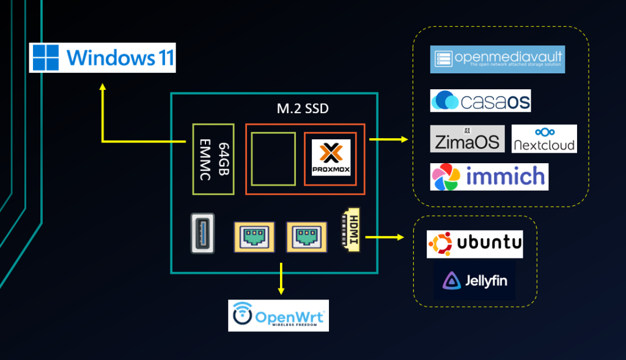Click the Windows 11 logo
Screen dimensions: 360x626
pyautogui.click(x=103, y=57)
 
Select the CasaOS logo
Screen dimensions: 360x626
pyautogui.click(x=481, y=100)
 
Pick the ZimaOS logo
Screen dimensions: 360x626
pyautogui.click(x=468, y=139)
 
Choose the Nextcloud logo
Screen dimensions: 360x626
pyautogui.click(x=544, y=139)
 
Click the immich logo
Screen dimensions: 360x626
pyautogui.click(x=489, y=177)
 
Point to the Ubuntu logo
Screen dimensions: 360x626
pyautogui.click(x=474, y=244)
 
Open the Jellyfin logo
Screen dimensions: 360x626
pyautogui.click(x=474, y=281)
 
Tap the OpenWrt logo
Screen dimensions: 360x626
pyautogui.click(x=278, y=315)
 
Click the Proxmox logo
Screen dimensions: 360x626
pyautogui.click(x=331, y=158)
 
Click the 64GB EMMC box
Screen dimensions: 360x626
pyautogui.click(x=213, y=159)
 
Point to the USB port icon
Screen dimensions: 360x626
pyautogui.click(x=202, y=233)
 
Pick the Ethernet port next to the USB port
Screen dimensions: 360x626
pyautogui.click(x=254, y=237)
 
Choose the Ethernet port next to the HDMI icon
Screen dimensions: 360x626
pyautogui.click(x=306, y=237)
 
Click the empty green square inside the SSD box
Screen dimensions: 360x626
pyautogui.click(x=273, y=158)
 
